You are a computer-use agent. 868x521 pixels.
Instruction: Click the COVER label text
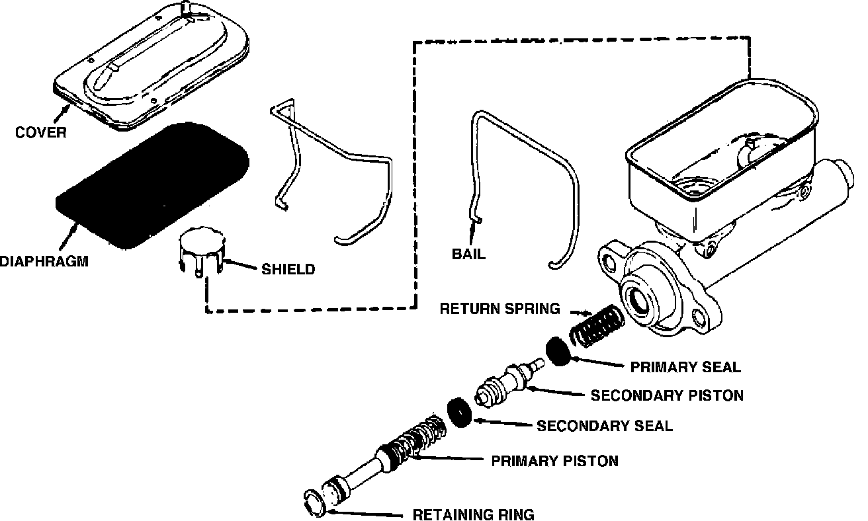(41, 132)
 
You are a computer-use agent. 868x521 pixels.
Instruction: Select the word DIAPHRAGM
(44, 262)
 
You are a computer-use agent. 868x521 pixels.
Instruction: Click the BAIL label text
(468, 253)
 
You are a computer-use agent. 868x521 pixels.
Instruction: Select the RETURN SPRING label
(500, 308)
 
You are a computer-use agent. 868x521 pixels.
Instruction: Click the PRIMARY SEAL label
(685, 366)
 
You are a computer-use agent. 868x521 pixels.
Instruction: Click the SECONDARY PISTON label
(667, 395)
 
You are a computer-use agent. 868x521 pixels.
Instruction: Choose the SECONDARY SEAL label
(604, 426)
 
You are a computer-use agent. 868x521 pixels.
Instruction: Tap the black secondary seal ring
(459, 412)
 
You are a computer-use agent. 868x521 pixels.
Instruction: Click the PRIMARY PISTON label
(554, 460)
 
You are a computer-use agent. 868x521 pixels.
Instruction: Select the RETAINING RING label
(473, 514)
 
